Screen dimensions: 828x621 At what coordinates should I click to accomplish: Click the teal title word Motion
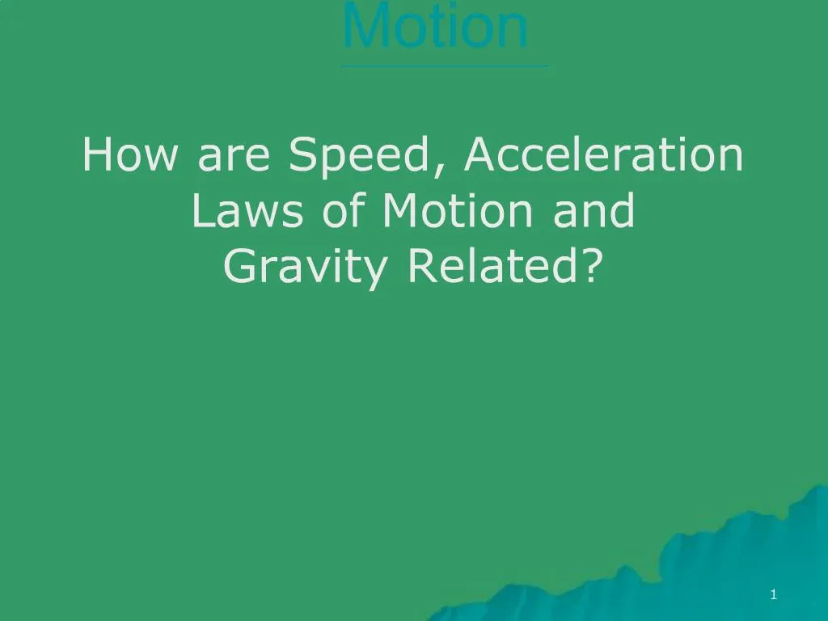pyautogui.click(x=435, y=24)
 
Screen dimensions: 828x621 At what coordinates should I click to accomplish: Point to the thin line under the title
pyautogui.click(x=445, y=66)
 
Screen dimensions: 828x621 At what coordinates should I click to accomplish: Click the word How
pyautogui.click(x=130, y=154)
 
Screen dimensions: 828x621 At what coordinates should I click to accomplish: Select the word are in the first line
pyautogui.click(x=234, y=158)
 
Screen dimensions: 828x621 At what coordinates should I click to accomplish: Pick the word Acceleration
pyautogui.click(x=603, y=154)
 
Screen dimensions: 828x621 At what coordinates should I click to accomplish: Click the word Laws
pyautogui.click(x=247, y=210)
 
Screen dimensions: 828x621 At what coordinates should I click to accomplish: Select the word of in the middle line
pyautogui.click(x=344, y=209)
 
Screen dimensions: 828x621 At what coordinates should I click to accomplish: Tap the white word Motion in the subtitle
pyautogui.click(x=457, y=210)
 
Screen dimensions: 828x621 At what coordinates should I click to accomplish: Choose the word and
pyautogui.click(x=593, y=209)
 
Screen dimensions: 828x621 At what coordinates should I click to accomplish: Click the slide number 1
pyautogui.click(x=774, y=594)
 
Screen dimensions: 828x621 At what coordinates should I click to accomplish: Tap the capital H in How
pyautogui.click(x=98, y=154)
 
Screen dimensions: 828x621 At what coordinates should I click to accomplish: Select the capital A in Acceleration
pyautogui.click(x=480, y=154)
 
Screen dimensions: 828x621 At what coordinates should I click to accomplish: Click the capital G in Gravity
pyautogui.click(x=240, y=265)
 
